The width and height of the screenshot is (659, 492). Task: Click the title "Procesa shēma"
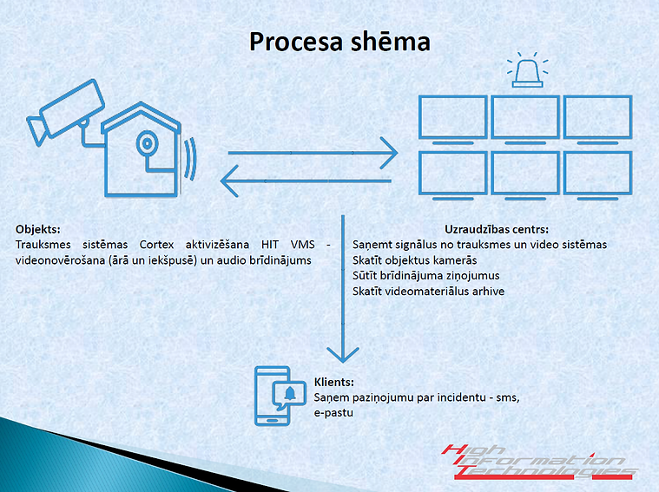(x=339, y=42)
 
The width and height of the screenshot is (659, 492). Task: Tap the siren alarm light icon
(x=527, y=70)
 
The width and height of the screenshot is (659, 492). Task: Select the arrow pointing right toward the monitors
(x=313, y=153)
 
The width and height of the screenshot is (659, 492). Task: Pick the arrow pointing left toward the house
(x=306, y=181)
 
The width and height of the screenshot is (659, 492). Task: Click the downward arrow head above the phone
(x=343, y=355)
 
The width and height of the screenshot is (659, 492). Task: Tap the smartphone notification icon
(x=280, y=396)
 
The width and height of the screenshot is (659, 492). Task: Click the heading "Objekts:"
(x=38, y=229)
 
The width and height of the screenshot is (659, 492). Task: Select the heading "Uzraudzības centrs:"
(x=497, y=229)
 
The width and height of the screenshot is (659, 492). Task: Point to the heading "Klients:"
(x=334, y=382)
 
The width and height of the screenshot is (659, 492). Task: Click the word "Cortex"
(x=157, y=245)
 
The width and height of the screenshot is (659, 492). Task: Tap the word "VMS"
(x=303, y=245)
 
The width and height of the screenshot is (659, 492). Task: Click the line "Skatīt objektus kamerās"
(x=415, y=260)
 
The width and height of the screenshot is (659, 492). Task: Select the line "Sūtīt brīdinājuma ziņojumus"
(x=426, y=276)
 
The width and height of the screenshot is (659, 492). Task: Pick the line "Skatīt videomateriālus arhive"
(x=428, y=292)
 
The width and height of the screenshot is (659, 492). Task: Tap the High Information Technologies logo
(x=540, y=462)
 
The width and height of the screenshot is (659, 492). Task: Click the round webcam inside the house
(x=148, y=143)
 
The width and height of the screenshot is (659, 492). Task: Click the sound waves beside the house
(x=191, y=159)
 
